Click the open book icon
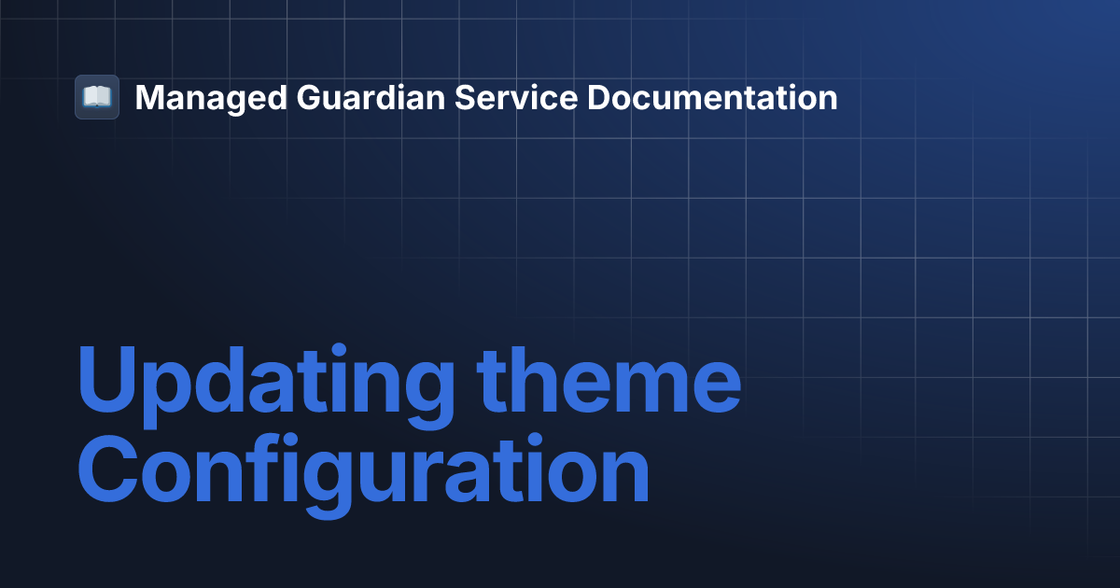[x=97, y=97]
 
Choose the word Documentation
[x=711, y=97]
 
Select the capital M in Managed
[x=150, y=97]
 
